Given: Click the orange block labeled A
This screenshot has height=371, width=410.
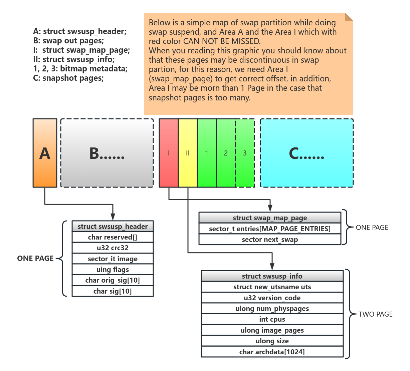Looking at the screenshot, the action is click(45, 153).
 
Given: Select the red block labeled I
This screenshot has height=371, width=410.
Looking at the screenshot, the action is click(169, 153).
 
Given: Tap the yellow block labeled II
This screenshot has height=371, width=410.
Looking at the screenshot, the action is click(188, 153).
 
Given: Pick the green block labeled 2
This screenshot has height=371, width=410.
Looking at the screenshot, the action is click(226, 153).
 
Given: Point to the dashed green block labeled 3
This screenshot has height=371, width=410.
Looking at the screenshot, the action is click(245, 153).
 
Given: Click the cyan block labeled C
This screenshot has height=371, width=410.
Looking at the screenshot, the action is click(307, 153).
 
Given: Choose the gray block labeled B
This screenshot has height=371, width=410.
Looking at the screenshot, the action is click(107, 153).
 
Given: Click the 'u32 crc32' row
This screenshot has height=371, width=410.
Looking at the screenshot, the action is click(113, 248).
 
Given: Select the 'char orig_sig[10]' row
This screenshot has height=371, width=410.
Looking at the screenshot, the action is click(113, 280).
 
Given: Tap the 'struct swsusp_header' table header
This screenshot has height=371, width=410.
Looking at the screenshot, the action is click(113, 226).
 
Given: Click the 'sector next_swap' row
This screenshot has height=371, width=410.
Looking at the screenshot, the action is click(270, 240).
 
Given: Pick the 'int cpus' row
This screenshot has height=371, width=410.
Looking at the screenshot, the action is click(272, 319).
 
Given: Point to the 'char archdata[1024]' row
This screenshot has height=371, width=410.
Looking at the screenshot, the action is click(272, 352).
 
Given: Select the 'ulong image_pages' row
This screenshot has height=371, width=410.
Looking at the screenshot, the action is click(272, 330).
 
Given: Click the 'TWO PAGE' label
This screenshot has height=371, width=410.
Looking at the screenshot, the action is click(376, 314).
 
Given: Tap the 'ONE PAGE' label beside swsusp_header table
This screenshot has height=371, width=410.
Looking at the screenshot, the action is click(35, 259).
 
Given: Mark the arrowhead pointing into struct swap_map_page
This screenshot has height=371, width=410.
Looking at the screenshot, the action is click(270, 209).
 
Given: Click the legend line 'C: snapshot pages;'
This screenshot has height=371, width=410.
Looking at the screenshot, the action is click(68, 78).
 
